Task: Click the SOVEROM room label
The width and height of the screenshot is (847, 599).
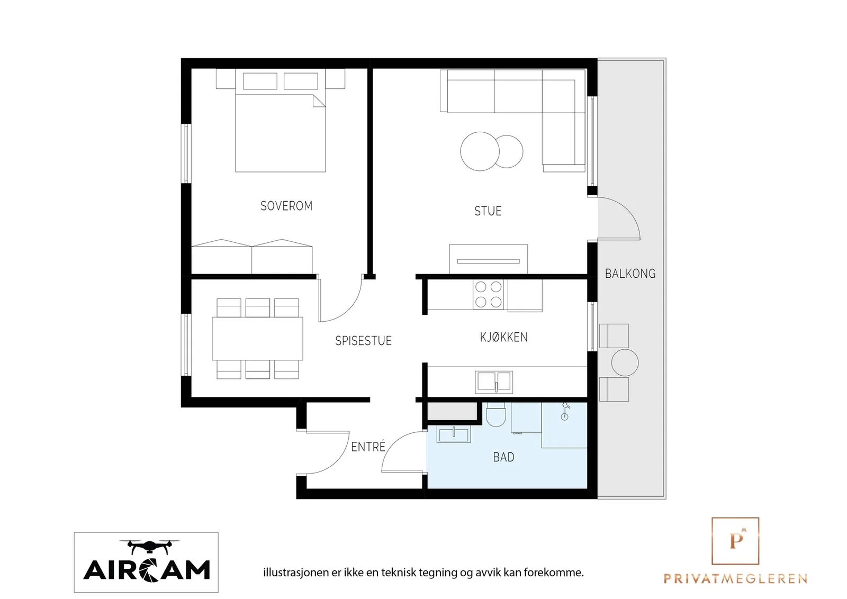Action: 286,206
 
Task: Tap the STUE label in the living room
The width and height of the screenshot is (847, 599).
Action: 488,211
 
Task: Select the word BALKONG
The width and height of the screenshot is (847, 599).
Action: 630,274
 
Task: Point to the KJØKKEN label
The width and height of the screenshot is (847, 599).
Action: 503,337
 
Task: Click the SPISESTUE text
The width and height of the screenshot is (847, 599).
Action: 363,341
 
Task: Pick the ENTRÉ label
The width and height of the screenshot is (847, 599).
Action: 368,447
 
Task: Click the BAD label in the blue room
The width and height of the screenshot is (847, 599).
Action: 503,457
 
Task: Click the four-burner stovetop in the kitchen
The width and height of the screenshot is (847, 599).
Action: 488,295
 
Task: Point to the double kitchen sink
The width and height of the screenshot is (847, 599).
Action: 494,382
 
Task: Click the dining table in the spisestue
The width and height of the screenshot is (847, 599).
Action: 257,339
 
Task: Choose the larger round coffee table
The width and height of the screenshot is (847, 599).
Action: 480,151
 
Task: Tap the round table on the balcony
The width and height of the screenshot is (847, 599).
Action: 625,362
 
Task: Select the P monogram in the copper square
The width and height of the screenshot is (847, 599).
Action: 735,541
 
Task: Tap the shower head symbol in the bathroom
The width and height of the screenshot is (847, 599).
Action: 565,411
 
